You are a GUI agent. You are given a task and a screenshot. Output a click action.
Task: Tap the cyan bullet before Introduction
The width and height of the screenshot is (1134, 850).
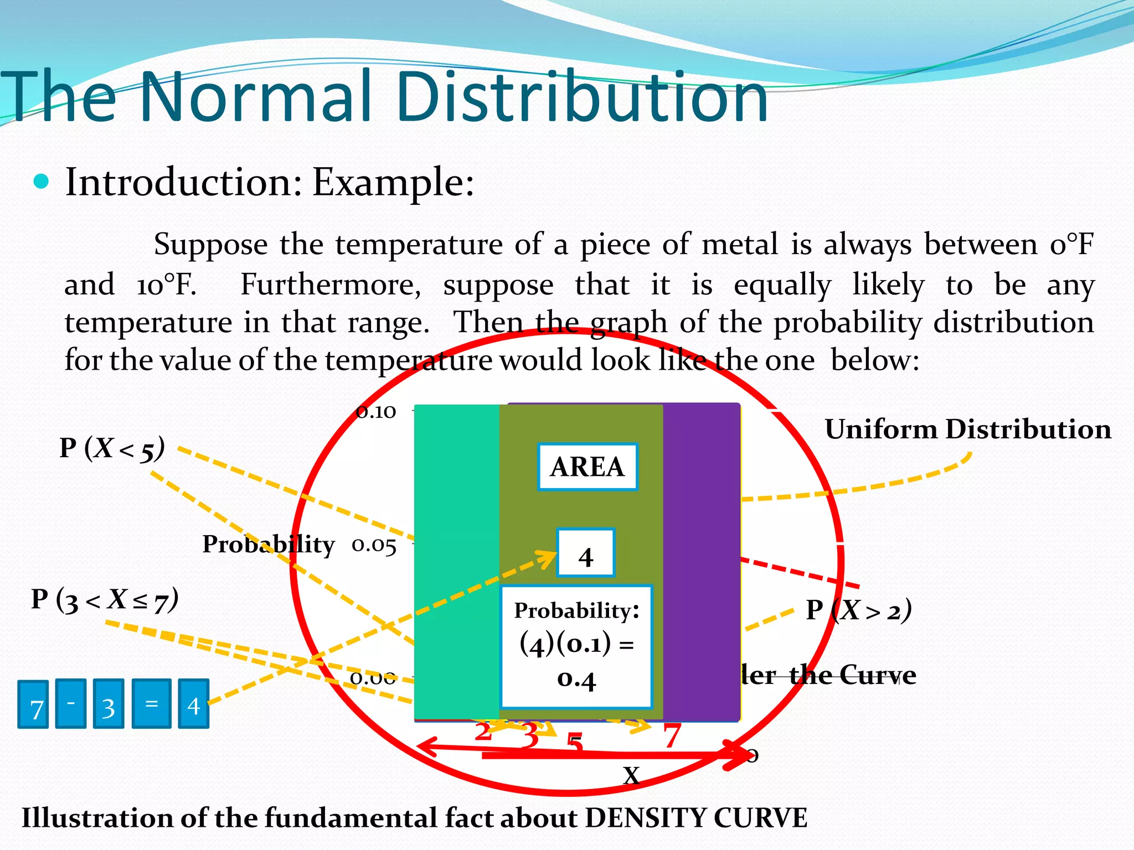[42, 182]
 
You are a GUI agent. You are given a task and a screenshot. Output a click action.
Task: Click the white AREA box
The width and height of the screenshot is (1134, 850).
[587, 467]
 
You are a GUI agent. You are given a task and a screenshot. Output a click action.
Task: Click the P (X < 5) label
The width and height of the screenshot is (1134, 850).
[112, 448]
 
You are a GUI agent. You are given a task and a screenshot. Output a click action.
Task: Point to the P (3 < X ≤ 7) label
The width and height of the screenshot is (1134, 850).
[105, 600]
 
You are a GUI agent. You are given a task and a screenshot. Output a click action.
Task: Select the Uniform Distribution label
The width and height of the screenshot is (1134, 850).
[967, 429]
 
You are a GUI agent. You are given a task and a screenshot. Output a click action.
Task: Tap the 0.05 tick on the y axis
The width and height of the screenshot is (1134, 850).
[374, 546]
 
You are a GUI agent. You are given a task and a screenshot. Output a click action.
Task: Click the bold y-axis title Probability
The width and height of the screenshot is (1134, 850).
[269, 545]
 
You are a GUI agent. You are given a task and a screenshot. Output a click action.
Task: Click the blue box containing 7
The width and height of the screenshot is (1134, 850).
[33, 704]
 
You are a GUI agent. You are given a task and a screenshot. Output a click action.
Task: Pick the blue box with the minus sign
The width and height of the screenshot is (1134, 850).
[71, 703]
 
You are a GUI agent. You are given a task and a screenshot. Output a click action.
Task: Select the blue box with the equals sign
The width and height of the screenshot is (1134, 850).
[151, 703]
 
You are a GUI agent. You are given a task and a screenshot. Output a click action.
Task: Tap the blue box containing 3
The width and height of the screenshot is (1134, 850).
[109, 704]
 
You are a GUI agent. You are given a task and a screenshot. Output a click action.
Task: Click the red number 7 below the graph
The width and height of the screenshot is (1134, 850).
[672, 736]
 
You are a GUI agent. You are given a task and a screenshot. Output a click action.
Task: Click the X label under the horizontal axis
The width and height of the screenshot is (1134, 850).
[631, 775]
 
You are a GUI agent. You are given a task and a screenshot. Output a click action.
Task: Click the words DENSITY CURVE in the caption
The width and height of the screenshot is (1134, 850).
[696, 818]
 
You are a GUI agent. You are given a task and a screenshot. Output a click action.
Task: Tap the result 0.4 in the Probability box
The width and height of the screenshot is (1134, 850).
[576, 679]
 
